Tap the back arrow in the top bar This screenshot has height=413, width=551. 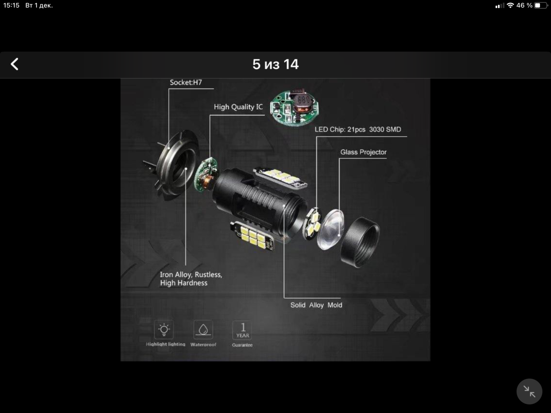15,64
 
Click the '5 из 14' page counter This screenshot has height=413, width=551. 275,65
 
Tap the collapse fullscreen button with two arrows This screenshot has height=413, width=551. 529,392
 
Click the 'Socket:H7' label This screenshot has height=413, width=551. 186,82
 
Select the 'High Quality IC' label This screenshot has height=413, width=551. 238,107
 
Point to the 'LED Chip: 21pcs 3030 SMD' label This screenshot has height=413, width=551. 358,129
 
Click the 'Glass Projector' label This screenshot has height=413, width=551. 363,152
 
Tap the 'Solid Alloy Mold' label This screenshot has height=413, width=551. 316,305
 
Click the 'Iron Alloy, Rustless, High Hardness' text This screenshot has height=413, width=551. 191,279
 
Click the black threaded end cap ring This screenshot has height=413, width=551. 360,242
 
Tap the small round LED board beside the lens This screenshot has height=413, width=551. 312,223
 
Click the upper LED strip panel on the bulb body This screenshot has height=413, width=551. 280,177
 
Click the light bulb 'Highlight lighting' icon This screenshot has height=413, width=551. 164,330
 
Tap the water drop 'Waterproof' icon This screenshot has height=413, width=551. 203,330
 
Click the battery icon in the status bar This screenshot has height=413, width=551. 541,5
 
